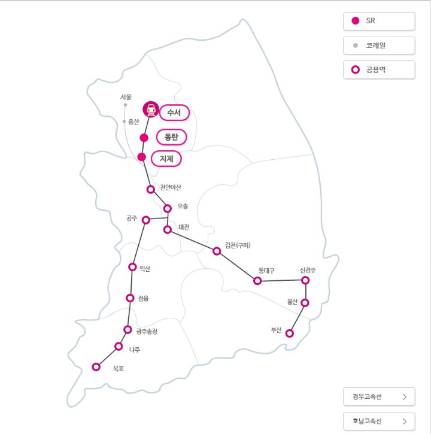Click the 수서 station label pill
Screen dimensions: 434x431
[x=174, y=113]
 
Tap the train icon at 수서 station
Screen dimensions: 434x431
[x=151, y=110]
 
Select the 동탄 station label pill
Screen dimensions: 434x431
[x=171, y=137]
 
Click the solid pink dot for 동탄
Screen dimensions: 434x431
[x=144, y=138]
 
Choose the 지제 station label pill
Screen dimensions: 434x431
[x=166, y=159]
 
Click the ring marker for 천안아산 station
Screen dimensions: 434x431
[x=151, y=189]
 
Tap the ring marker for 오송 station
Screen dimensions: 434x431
[x=168, y=208]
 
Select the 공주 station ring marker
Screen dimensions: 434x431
[x=146, y=220]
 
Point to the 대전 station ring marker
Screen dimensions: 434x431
[x=168, y=229]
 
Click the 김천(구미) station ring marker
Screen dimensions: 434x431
[x=217, y=251]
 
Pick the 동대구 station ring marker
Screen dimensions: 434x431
[x=257, y=280]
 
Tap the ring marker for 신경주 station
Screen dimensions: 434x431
[x=305, y=280]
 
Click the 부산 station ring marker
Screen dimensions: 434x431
[x=290, y=333]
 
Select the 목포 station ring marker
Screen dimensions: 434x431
[x=96, y=367]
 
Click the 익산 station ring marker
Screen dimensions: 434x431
[x=132, y=266]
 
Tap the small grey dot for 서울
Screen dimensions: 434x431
[x=125, y=105]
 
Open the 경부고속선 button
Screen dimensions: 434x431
[x=379, y=396]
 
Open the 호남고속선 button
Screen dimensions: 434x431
[x=379, y=420]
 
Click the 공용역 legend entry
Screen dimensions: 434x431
[x=379, y=69]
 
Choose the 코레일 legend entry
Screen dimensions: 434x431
[x=379, y=45]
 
